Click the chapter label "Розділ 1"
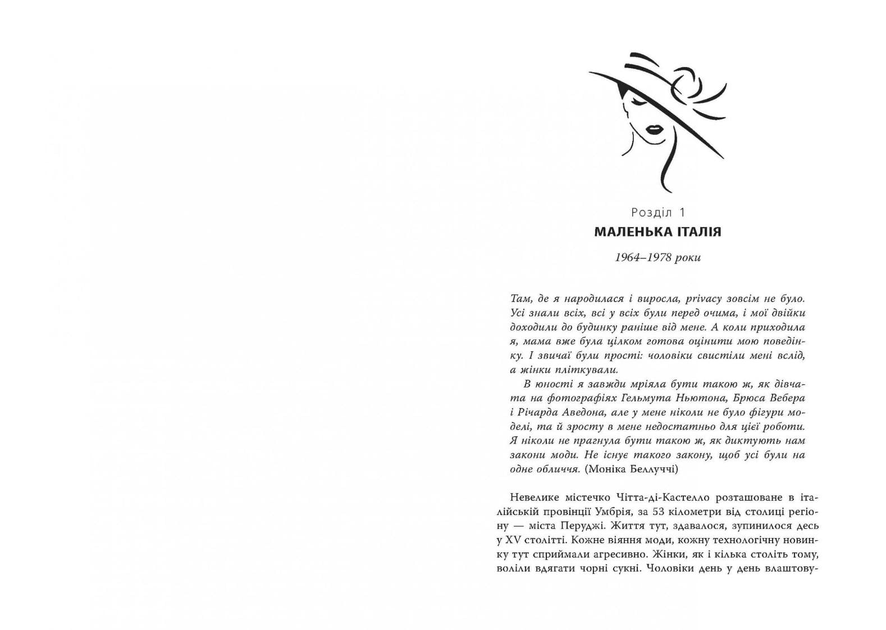click(x=658, y=213)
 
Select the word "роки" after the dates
click(x=689, y=257)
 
